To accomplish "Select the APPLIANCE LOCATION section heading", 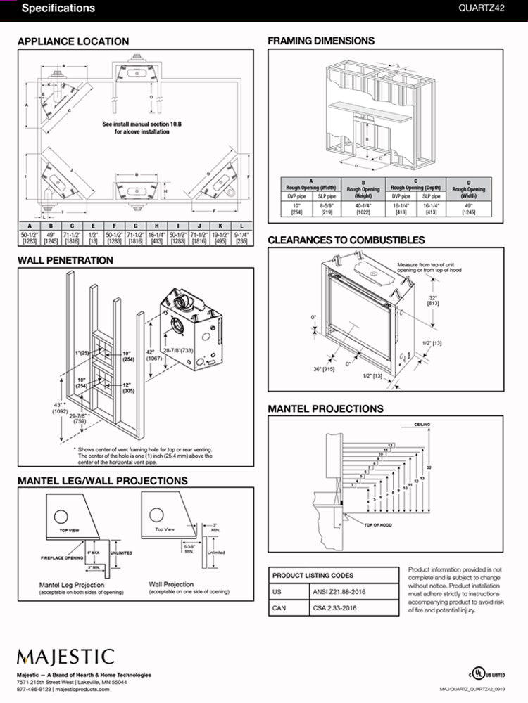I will click(73, 41).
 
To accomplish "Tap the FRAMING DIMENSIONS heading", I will click(321, 41).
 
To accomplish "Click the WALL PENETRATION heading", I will click(65, 260).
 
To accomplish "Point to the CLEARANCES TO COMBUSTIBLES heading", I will click(346, 240).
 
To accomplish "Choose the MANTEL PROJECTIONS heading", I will click(325, 408).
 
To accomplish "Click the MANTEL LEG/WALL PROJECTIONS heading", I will click(102, 481).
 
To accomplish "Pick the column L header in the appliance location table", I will click(241, 226).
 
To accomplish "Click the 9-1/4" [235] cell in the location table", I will click(241, 237).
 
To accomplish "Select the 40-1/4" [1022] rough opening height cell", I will click(364, 207).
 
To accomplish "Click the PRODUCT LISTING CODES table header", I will click(313, 575).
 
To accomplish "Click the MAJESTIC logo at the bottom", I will click(65, 657).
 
